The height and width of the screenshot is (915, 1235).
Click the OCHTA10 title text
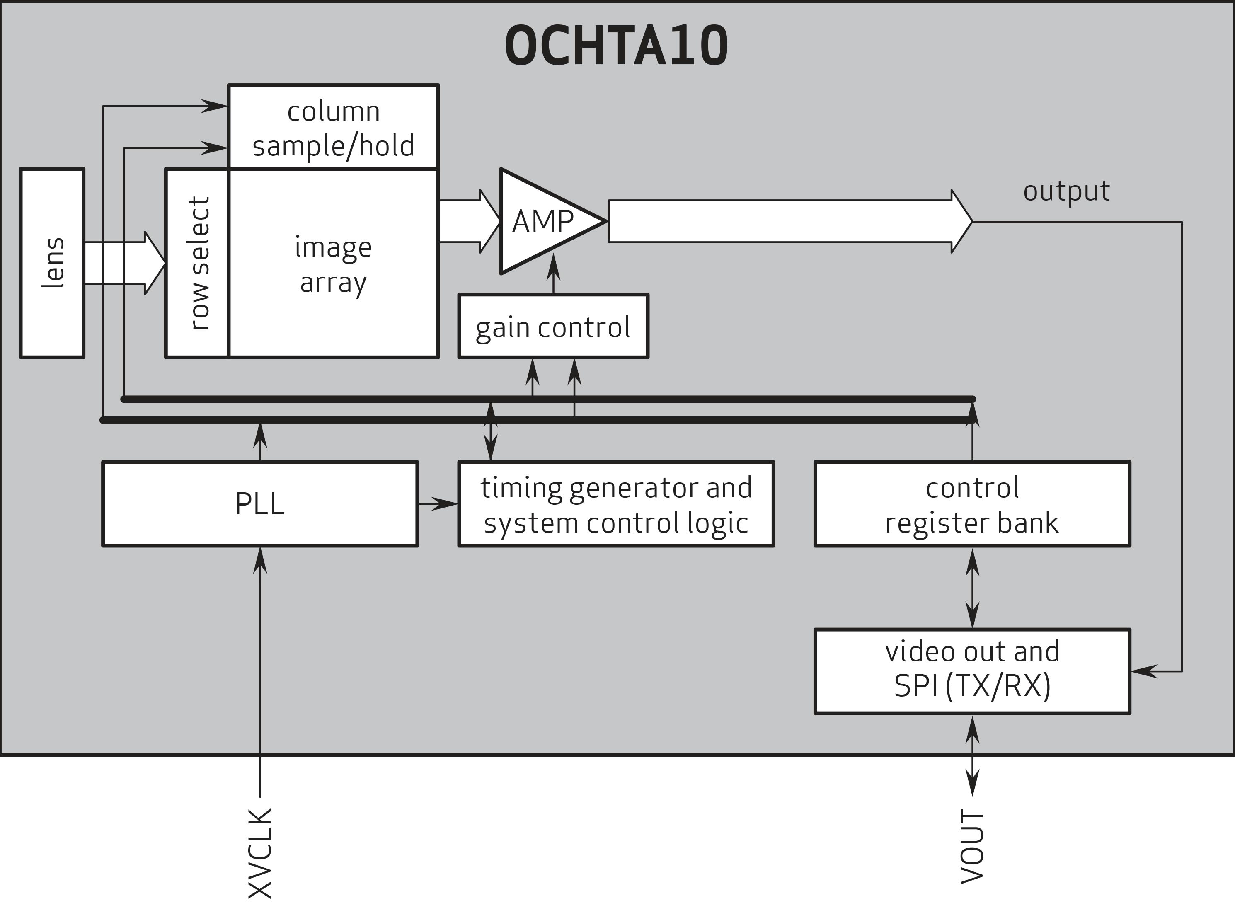point(616,47)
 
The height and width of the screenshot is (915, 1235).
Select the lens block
point(52,263)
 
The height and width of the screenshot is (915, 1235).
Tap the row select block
point(198,263)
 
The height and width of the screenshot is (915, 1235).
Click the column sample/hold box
point(333,127)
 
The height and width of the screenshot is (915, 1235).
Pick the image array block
point(333,264)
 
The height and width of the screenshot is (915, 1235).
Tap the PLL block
point(260,503)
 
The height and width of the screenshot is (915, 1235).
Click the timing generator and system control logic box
point(616,504)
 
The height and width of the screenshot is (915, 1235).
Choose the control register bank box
point(972,504)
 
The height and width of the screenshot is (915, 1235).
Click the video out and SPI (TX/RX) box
point(972,671)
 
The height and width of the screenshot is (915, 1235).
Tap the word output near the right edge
point(1066,191)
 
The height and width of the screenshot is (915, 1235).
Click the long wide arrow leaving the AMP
point(787,222)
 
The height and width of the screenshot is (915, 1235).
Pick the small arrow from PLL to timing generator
point(438,503)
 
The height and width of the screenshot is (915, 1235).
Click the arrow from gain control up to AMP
point(553,275)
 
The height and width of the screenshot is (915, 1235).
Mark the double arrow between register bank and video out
point(972,588)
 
